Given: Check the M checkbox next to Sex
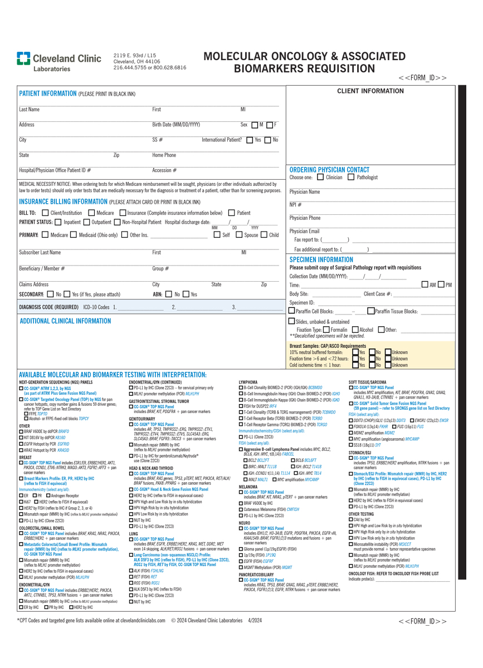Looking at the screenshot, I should click(255, 125).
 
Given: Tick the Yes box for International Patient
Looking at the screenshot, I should click(250, 140).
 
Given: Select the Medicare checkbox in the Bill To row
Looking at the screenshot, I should click(92, 213).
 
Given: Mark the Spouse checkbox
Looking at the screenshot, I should click(240, 235).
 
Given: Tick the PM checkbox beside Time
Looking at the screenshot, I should click(441, 284).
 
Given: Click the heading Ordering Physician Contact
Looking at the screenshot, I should click(329, 170).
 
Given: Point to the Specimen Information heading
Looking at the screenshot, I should click(321, 259).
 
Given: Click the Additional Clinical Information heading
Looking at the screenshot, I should click(65, 321).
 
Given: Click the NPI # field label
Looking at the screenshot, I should click(295, 205).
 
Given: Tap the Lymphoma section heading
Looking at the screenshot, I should click(248, 382).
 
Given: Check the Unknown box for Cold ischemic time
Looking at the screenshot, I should click(388, 365).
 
